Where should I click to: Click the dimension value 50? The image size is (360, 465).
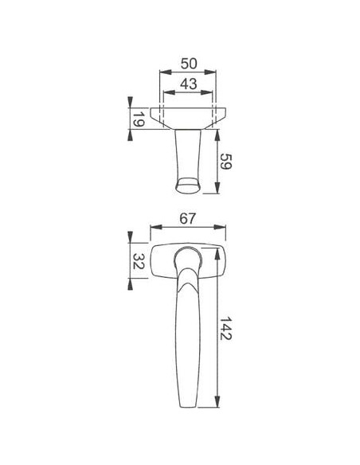coord(189,64)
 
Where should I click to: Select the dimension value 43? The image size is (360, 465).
coord(189,84)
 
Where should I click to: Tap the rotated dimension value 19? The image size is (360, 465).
coord(139,119)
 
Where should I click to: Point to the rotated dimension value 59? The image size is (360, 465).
coord(225,162)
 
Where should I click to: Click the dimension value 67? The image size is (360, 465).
coord(188,219)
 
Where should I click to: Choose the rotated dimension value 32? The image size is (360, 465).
coord(139,261)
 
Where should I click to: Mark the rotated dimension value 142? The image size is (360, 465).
coord(225,328)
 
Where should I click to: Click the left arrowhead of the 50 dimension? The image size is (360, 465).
coord(166,72)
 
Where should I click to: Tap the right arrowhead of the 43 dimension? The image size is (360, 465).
coord(207,92)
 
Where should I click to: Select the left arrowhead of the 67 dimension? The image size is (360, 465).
coord(156,227)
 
